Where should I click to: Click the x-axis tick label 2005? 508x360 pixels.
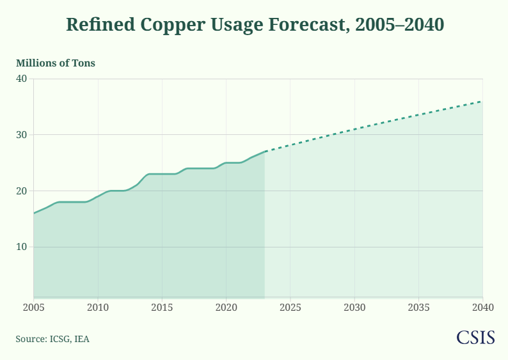(33, 307)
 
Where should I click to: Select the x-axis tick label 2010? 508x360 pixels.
(98, 307)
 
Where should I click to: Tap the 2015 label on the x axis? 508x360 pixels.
(162, 307)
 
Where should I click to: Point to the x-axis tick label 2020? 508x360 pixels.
(226, 307)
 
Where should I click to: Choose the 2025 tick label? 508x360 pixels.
(290, 307)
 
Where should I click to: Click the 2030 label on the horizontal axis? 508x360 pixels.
(354, 307)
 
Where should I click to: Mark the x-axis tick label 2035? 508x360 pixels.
(418, 307)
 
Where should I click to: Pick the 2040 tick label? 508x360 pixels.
(482, 307)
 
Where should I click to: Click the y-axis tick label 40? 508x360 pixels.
(21, 79)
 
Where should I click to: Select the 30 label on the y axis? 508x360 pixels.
(21, 135)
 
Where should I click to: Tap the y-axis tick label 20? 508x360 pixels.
(21, 191)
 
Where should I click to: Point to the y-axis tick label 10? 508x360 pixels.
(21, 247)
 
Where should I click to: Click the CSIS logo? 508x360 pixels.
(475, 338)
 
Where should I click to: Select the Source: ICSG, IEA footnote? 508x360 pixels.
(52, 339)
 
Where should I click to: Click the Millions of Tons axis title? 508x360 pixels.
(56, 63)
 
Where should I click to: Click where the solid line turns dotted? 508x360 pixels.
(265, 152)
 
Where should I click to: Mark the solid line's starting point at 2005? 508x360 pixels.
(33, 213)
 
